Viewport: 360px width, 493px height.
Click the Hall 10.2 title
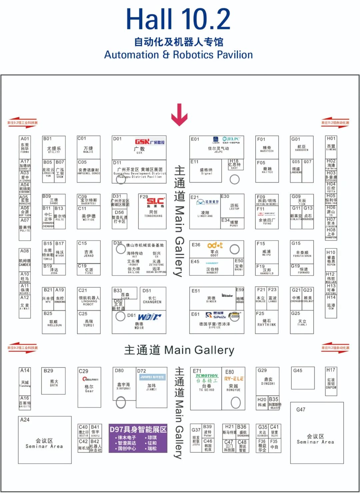[x=178, y=19]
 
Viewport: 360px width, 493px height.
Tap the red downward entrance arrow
[x=179, y=115]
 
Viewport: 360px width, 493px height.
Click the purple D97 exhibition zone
[x=138, y=438]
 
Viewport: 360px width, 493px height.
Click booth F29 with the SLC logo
[x=152, y=211]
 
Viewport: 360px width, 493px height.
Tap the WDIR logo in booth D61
[x=150, y=317]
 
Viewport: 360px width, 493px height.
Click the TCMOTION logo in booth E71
[x=207, y=376]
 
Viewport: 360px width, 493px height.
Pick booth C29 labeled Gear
[x=89, y=387]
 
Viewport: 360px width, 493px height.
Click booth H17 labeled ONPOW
[x=331, y=381]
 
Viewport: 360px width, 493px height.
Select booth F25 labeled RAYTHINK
[x=266, y=321]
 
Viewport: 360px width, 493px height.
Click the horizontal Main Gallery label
[x=179, y=350]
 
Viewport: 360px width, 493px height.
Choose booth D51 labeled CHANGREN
[x=152, y=299]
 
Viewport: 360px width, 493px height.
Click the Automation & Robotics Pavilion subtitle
[x=178, y=55]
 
